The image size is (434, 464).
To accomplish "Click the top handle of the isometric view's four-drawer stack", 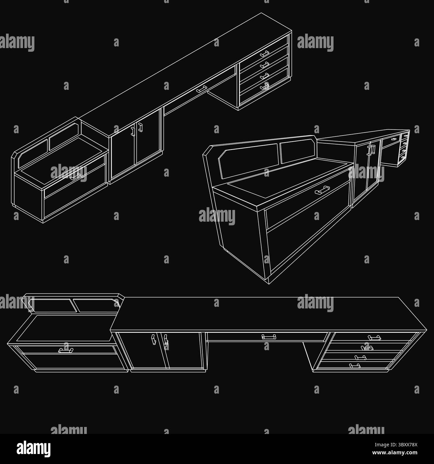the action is pyautogui.click(x=264, y=54).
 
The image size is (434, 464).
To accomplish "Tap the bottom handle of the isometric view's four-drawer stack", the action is pyautogui.click(x=264, y=87).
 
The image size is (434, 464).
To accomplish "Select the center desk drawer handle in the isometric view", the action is pyautogui.click(x=202, y=89).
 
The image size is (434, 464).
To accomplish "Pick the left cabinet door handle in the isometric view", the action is pyautogui.click(x=133, y=131).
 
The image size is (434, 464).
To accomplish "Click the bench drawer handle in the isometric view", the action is pyautogui.click(x=75, y=176).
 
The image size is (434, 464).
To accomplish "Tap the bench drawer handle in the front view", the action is pyautogui.click(x=66, y=350).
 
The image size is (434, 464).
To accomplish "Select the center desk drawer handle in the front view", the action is pyautogui.click(x=269, y=337).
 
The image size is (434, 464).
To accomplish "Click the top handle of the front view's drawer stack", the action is pyautogui.click(x=374, y=338).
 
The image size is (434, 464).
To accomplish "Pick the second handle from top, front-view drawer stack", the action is pyautogui.click(x=367, y=348).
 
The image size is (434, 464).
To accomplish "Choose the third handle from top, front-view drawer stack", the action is pyautogui.click(x=360, y=358).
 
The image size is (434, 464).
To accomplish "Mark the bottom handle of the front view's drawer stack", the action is pyautogui.click(x=355, y=366).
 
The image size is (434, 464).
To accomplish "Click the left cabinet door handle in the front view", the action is pyautogui.click(x=153, y=339).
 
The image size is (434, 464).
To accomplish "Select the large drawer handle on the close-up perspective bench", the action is pyautogui.click(x=322, y=190).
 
